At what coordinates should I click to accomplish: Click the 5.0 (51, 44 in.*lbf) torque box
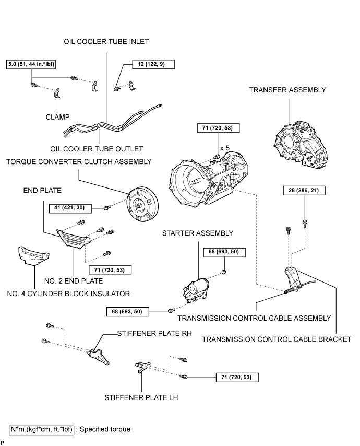[x=31, y=64]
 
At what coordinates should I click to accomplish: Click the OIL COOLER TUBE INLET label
[x=106, y=42]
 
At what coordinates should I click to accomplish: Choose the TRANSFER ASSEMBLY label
[x=287, y=90]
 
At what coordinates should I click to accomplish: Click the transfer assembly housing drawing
[x=301, y=146]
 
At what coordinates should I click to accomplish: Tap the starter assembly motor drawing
[x=196, y=289]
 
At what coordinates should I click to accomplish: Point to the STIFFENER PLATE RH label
[x=154, y=333]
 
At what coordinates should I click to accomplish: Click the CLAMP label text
[x=58, y=117]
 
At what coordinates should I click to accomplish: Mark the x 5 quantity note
[x=224, y=148]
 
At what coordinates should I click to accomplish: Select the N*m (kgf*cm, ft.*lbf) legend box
[x=42, y=429]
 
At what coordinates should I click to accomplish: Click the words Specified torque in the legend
[x=105, y=429]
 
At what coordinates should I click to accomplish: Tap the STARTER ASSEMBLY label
[x=197, y=233]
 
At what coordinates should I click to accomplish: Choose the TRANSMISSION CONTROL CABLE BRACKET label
[x=277, y=339]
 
